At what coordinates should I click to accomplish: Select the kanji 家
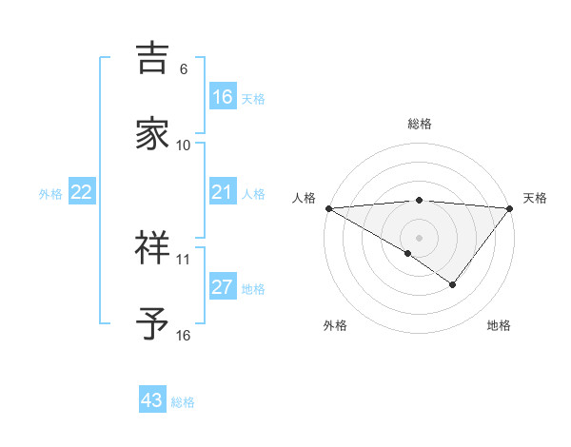152,134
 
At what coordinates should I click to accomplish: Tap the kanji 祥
152,248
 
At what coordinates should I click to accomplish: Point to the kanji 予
152,324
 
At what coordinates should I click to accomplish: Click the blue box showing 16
222,96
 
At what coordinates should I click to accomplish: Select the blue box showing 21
222,192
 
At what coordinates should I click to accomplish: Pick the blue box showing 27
222,287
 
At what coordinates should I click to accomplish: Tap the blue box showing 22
82,192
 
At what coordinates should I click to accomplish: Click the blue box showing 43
152,400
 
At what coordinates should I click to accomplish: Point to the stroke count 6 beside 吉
184,69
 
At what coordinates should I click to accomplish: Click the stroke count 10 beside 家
184,145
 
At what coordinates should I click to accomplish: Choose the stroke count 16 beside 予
184,335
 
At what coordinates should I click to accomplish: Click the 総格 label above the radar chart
420,124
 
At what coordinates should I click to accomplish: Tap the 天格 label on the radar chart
536,198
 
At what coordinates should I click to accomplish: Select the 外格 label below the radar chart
335,325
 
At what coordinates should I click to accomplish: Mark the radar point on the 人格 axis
328,208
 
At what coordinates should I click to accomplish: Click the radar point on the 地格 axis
453,284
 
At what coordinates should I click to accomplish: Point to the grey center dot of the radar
419,237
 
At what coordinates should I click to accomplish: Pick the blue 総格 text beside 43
183,402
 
